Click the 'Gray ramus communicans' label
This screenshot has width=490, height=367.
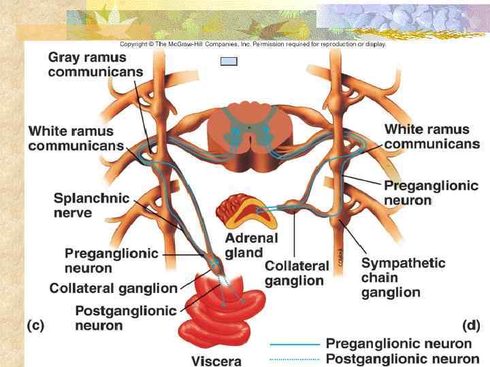point(95,64)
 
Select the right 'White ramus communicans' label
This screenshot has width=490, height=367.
point(431,136)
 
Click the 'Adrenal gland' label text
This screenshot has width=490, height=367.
point(251,245)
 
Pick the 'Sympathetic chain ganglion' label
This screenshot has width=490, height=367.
point(403,277)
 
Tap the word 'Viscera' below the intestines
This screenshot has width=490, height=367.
point(216,361)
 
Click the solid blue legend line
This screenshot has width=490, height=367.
point(295,345)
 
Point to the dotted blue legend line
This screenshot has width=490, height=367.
point(295,359)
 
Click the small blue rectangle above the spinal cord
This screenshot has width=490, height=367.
point(229,61)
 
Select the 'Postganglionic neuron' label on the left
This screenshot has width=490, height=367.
point(126,318)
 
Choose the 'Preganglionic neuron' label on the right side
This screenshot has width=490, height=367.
point(431,193)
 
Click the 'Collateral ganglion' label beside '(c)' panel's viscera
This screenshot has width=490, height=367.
point(113,288)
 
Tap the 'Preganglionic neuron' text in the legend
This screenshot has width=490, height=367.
point(398,344)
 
